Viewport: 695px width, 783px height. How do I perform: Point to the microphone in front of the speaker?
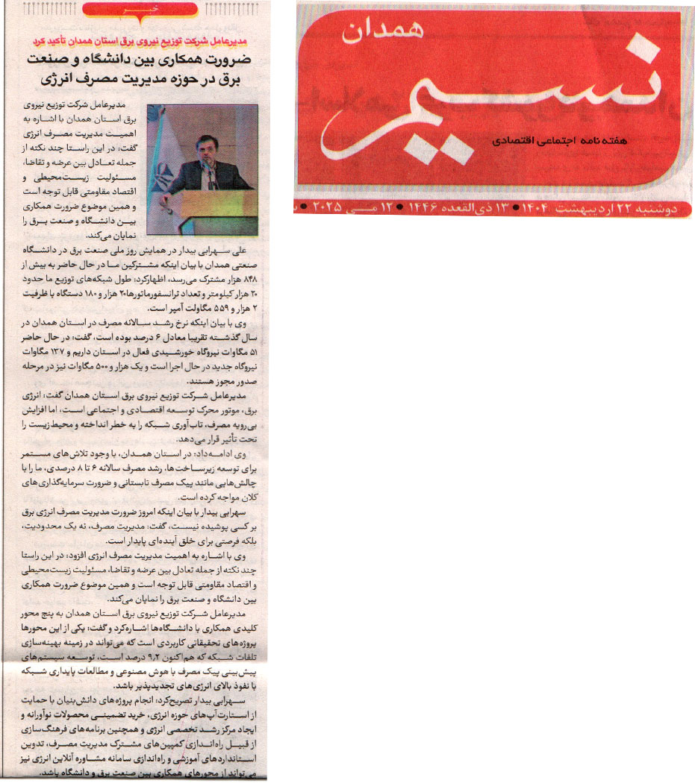pyautogui.click(x=211, y=174)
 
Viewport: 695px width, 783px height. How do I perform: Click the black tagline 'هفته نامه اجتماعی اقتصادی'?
pyautogui.click(x=557, y=140)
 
